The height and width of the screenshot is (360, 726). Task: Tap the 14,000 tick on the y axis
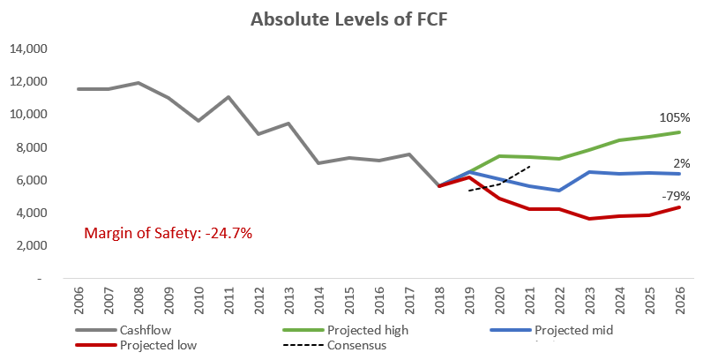(28, 49)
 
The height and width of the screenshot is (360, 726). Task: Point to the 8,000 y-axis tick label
(31, 147)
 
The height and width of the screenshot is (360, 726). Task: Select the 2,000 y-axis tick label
(31, 245)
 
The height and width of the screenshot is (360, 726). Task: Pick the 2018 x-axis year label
(439, 302)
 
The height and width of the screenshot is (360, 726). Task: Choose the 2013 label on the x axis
(288, 302)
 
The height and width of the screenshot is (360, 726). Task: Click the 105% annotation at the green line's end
(674, 117)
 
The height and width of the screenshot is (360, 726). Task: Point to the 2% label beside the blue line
(681, 163)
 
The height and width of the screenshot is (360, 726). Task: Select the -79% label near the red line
(677, 196)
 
